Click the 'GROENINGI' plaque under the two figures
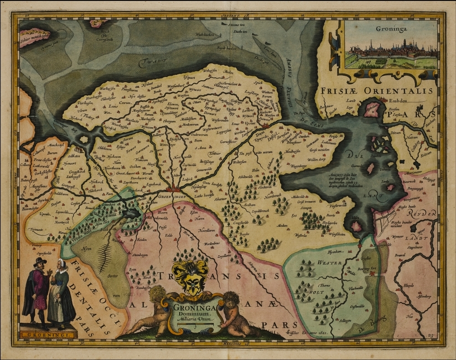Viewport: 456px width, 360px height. [47, 334]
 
